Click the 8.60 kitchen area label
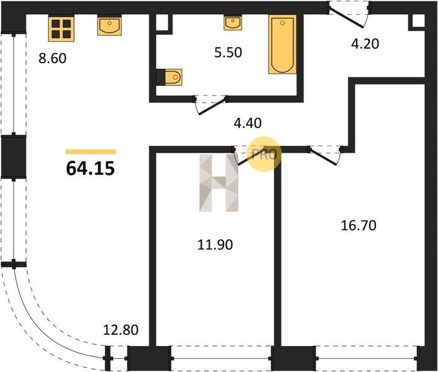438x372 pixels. tap(53, 58)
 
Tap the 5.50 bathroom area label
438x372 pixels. tap(228, 52)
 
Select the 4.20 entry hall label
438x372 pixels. tap(365, 43)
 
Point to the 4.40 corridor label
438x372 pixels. tap(248, 123)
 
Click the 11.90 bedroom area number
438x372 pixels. tap(215, 245)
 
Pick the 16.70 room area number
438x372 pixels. tap(359, 225)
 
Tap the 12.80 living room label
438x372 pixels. tap(121, 330)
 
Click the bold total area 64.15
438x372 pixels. tap(91, 168)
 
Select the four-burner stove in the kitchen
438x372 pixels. tap(61, 29)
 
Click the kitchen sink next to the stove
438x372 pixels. tap(109, 25)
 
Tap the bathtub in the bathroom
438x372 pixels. tap(282, 45)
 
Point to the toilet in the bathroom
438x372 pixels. tap(173, 77)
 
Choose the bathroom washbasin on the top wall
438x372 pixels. tap(233, 23)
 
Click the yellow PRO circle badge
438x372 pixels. tap(264, 154)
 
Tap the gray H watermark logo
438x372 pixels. tap(219, 183)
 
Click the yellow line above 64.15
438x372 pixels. tap(91, 152)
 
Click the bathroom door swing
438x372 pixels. tap(211, 105)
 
